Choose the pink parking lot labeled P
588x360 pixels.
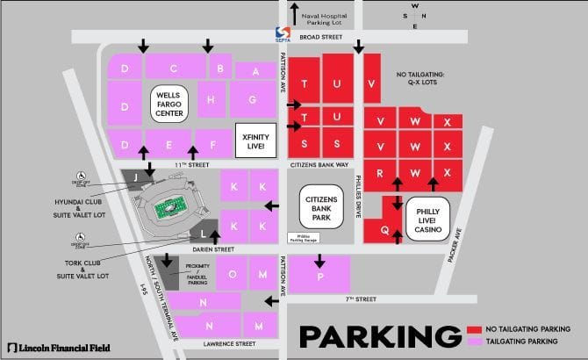tap(320, 274)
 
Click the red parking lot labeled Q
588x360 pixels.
tap(384, 228)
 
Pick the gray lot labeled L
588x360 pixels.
tap(204, 234)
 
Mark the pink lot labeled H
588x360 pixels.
tap(212, 100)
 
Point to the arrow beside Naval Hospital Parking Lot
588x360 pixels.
tap(294, 14)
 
